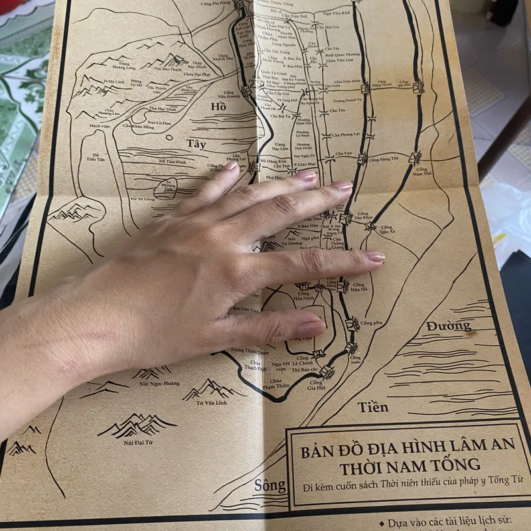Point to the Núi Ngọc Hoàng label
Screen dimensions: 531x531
pos(159,383)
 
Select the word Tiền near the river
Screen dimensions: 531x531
pos(372,407)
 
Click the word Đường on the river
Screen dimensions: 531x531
pos(449,326)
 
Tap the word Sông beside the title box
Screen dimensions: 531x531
pos(269,485)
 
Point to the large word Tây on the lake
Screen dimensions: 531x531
pos(196,143)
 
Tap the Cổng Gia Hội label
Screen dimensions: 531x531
pos(315,386)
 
